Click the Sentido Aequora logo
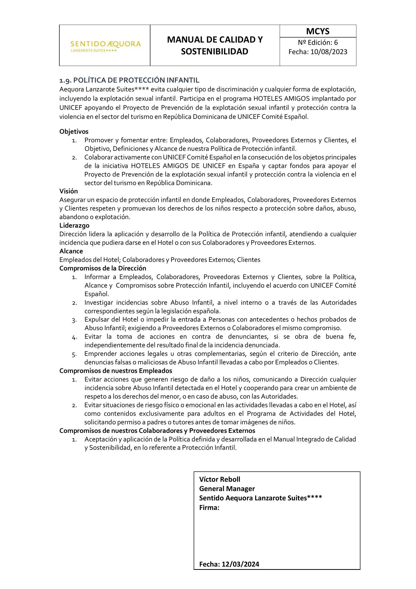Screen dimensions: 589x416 106,46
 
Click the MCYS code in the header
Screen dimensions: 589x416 318,31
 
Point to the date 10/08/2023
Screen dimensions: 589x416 329,52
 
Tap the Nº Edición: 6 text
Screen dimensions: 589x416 318,42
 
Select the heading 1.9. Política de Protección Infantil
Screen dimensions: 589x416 129,80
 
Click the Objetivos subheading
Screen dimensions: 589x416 74,132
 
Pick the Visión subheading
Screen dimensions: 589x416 69,191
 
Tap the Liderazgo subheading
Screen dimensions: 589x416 74,225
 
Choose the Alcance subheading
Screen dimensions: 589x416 71,251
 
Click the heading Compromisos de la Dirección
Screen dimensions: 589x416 103,268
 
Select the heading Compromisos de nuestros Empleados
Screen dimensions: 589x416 116,371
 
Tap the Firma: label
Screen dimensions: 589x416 209,507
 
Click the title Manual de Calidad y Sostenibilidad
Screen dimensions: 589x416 215,45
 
